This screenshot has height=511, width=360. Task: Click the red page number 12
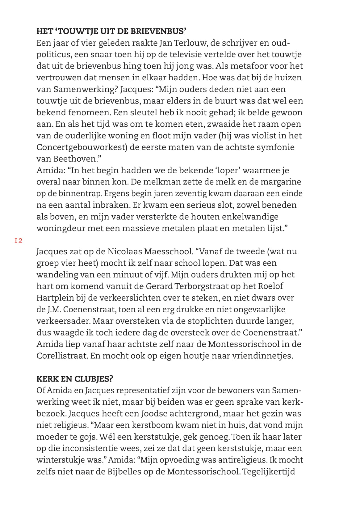(x=19, y=240)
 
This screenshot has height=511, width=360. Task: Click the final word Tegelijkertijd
(x=270, y=472)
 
